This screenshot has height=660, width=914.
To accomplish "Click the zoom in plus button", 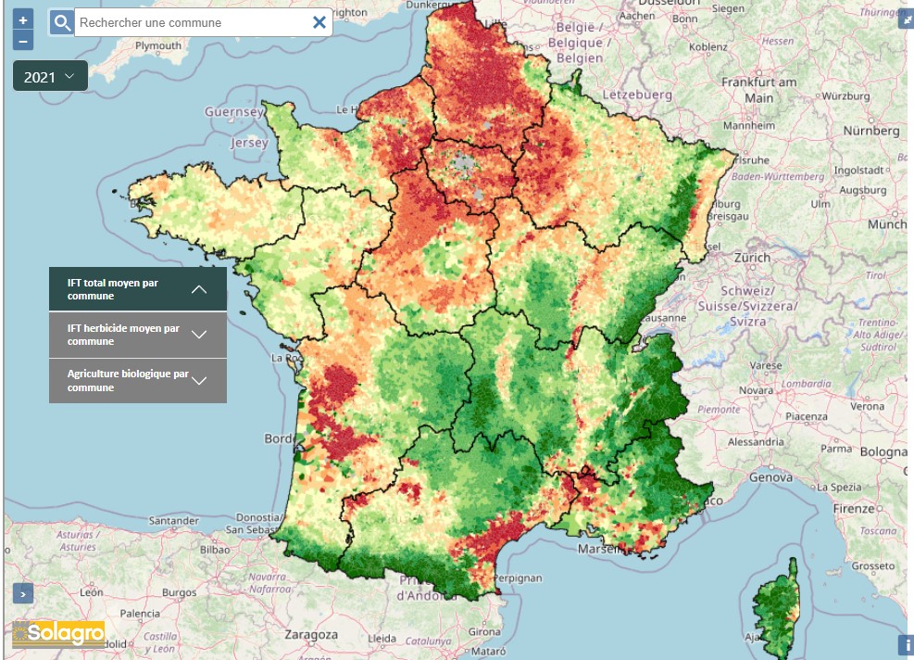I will [x=23, y=19].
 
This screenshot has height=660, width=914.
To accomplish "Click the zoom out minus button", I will [x=23, y=40].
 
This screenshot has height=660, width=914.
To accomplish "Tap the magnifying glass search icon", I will [x=61, y=22].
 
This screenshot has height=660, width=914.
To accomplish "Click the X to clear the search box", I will [x=319, y=22].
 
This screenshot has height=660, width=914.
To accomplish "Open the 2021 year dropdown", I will [x=50, y=77].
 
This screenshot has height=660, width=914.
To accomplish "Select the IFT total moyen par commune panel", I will [x=137, y=289].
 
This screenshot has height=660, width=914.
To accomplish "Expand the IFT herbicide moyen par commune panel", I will [x=137, y=335].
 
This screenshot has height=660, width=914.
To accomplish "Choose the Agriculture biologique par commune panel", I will [x=137, y=381].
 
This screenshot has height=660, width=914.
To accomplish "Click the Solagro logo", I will [x=58, y=634].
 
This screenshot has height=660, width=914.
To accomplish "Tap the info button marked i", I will [x=905, y=645].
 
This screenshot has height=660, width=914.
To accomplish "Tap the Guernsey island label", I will [x=234, y=112].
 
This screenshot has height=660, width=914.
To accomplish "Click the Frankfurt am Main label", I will [x=758, y=90].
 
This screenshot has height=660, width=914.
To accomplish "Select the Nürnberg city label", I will [x=871, y=131].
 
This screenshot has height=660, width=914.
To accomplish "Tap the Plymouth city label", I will [x=158, y=45].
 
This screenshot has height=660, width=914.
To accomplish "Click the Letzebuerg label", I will [x=637, y=95].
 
